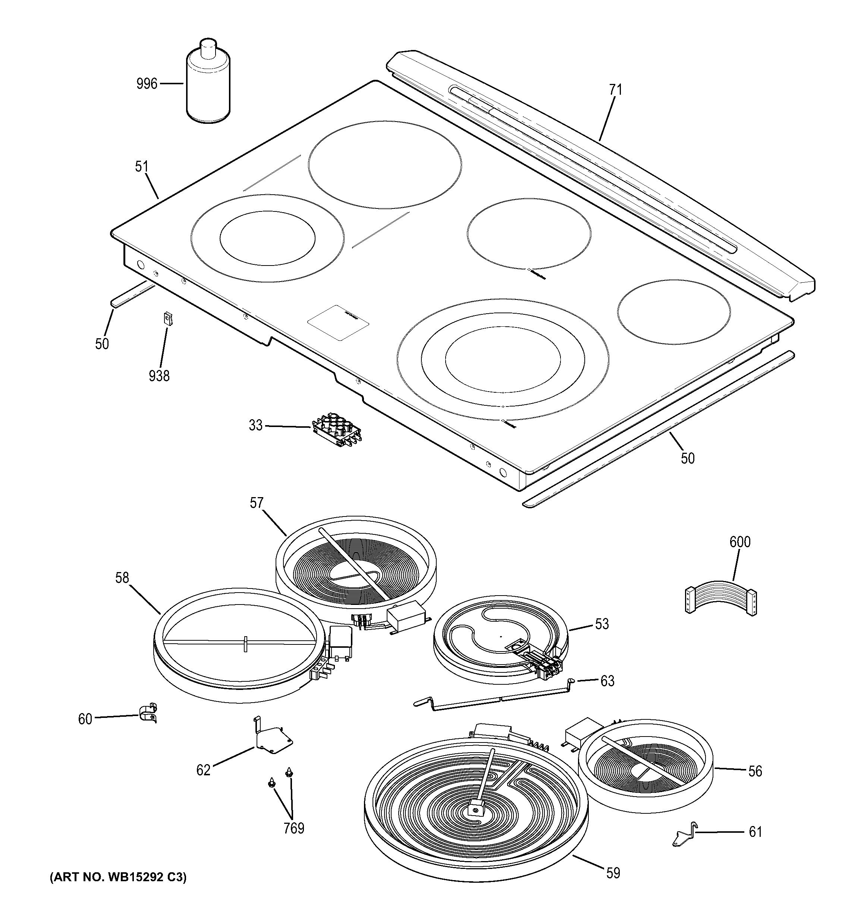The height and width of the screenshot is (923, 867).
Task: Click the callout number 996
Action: coord(147,84)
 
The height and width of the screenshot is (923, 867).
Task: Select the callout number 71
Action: coord(615,90)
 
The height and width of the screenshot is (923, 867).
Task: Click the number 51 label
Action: coord(142,167)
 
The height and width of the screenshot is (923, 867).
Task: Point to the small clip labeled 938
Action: coord(167,320)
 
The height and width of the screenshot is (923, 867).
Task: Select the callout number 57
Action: coord(256,503)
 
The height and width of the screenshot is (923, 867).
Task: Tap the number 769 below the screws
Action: coord(294,828)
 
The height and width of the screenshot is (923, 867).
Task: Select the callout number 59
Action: coord(613,873)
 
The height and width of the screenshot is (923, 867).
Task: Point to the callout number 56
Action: coord(755,771)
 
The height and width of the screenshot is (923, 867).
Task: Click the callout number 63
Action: coord(607,681)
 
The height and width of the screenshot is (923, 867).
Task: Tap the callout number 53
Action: coord(601,624)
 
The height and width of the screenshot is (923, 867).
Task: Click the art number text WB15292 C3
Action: coord(118,878)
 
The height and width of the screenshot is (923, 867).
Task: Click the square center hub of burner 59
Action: coord(474,809)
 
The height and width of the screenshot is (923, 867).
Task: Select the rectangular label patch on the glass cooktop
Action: coord(338,323)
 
